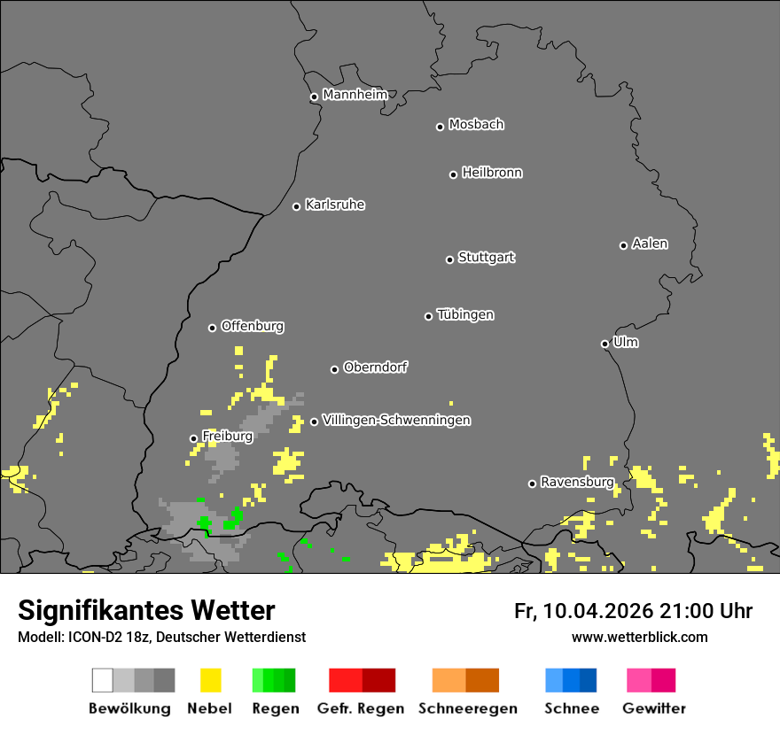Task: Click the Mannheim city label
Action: pyautogui.click(x=355, y=95)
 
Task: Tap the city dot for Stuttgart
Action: pyautogui.click(x=449, y=259)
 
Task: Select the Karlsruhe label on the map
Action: pyautogui.click(x=334, y=205)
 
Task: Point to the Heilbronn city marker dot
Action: pyautogui.click(x=453, y=174)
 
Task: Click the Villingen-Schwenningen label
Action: pyautogui.click(x=396, y=420)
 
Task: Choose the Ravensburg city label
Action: pyautogui.click(x=577, y=482)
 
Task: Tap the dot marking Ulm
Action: pyautogui.click(x=604, y=344)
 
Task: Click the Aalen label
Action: pyautogui.click(x=650, y=244)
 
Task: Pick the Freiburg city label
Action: pyautogui.click(x=227, y=436)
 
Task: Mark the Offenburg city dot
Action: pyautogui.click(x=212, y=328)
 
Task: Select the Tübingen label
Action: pyautogui.click(x=465, y=314)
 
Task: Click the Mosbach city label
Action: pyautogui.click(x=476, y=125)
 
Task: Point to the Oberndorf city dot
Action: pyautogui.click(x=334, y=369)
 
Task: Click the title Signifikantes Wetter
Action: pyautogui.click(x=146, y=610)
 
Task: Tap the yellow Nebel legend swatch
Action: pyautogui.click(x=210, y=680)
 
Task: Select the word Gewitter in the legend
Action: pyautogui.click(x=654, y=708)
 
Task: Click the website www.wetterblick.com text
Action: pyautogui.click(x=639, y=637)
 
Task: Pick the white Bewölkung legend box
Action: pyautogui.click(x=103, y=680)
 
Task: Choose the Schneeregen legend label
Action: pyautogui.click(x=468, y=708)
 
